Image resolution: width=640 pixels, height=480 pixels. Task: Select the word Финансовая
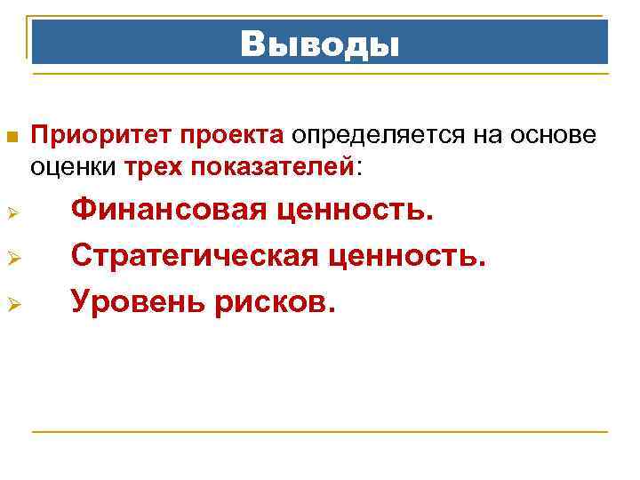point(169,212)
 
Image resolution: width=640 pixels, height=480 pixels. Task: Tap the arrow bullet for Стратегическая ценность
point(12,260)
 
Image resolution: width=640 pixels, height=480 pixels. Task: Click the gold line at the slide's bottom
point(320,432)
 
